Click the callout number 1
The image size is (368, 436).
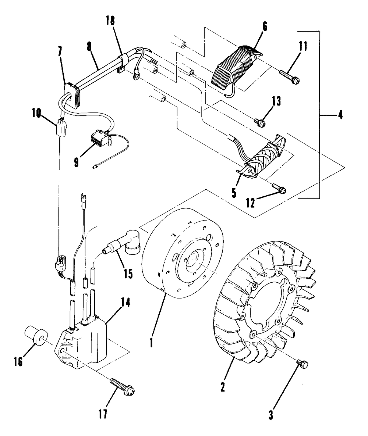click(151, 342)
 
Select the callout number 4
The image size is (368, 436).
click(339, 115)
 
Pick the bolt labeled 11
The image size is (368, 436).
click(290, 77)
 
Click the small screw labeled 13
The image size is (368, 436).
click(260, 122)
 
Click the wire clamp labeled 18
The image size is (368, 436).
click(121, 61)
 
